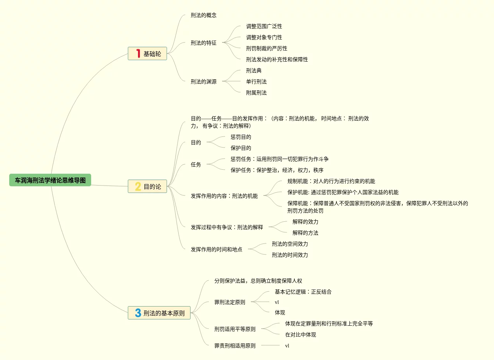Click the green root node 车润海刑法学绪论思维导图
(50, 180)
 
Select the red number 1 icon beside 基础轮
(138, 53)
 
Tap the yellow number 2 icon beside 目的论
(138, 186)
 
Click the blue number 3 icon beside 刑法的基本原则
(138, 313)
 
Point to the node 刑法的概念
(203, 15)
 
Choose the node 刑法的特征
(203, 43)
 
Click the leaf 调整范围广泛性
(264, 26)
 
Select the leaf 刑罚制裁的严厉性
(266, 48)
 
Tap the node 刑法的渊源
(203, 82)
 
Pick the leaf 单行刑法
(256, 82)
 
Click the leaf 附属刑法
(256, 93)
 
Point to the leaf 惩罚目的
(241, 137)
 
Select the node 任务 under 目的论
(196, 165)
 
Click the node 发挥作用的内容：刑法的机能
(224, 196)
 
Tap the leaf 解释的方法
(305, 233)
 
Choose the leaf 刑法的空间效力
(290, 244)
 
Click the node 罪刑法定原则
(229, 302)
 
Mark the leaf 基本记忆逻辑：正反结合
(303, 292)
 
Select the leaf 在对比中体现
(300, 335)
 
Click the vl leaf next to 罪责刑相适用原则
(287, 346)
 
